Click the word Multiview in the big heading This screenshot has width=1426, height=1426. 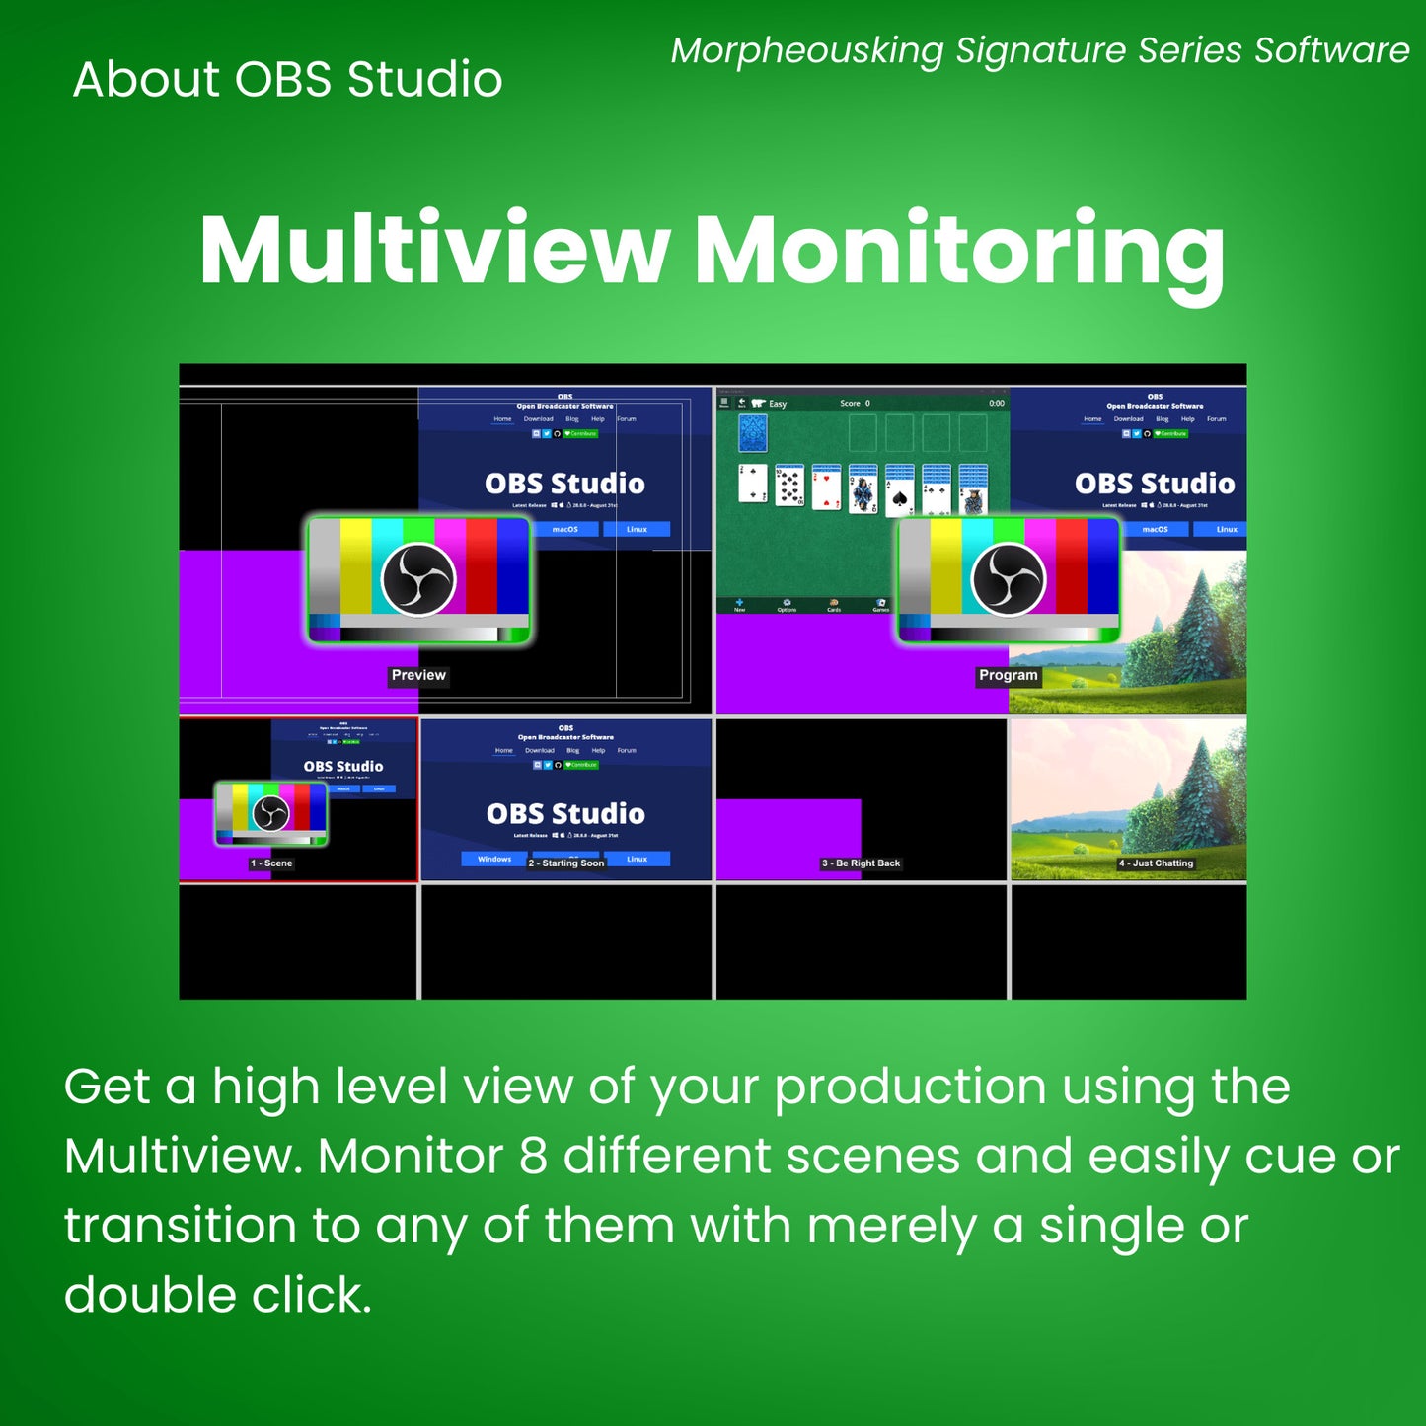(434, 250)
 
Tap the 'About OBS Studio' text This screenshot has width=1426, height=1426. (287, 79)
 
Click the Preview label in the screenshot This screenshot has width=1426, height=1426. (418, 675)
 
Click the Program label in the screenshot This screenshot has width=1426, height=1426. (1008, 675)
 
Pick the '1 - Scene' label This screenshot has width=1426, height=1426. (271, 863)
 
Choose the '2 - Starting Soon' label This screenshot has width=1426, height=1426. (566, 863)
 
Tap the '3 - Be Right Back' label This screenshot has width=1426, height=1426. (861, 863)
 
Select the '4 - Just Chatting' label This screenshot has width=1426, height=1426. (1156, 863)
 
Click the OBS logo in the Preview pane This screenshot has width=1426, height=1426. (418, 579)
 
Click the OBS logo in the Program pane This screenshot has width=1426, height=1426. (1008, 579)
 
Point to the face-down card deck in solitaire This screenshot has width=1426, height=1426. (753, 433)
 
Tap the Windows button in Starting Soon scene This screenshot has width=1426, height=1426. (494, 859)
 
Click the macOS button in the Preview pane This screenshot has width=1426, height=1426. (564, 530)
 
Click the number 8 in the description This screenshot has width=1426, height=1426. (533, 1156)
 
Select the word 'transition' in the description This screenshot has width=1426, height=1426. (181, 1226)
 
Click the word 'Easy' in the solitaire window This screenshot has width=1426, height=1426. (778, 404)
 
